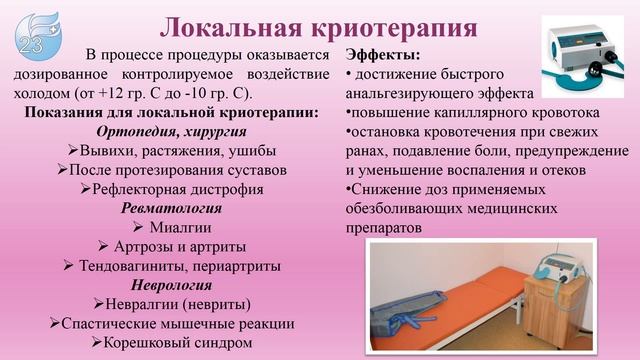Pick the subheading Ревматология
pos(169,209)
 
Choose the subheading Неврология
pos(169,285)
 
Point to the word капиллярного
pos(470,111)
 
